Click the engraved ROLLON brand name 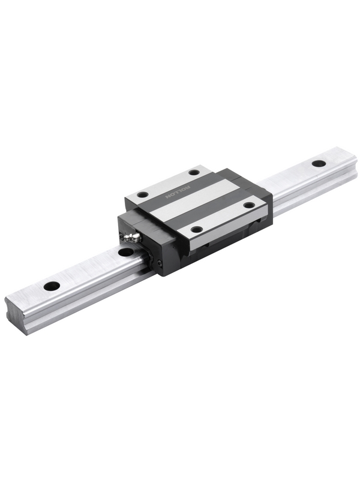click(x=178, y=191)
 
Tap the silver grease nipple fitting click(x=131, y=237)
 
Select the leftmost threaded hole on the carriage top click(x=142, y=194)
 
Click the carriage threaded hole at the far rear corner click(x=194, y=172)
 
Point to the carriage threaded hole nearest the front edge click(x=196, y=229)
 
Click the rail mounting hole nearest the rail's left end click(x=52, y=286)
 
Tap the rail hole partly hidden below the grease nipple click(x=126, y=252)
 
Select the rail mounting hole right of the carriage click(x=319, y=163)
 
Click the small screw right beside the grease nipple click(x=122, y=236)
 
